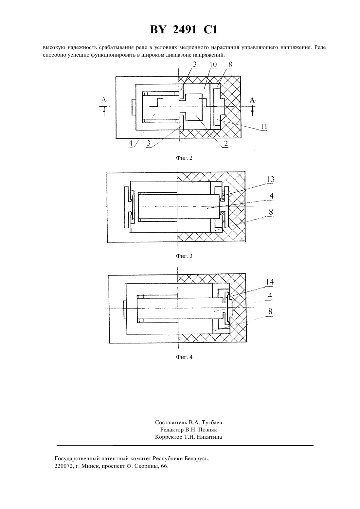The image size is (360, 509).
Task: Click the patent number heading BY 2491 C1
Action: (x=184, y=30)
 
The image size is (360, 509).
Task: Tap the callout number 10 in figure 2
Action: (x=213, y=65)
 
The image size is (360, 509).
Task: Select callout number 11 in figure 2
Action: (x=264, y=127)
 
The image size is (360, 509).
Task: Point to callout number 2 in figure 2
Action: (x=226, y=144)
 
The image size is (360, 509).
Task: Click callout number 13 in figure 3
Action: (x=270, y=180)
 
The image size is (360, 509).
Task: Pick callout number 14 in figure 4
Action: (x=270, y=282)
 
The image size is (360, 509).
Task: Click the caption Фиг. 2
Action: (x=184, y=158)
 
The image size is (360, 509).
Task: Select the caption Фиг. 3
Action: (x=184, y=256)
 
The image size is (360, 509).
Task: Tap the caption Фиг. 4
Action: (x=184, y=357)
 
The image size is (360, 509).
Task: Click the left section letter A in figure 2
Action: (x=104, y=100)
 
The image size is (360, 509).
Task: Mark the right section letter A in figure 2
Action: (x=252, y=100)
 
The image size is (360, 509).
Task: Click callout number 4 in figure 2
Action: (x=131, y=143)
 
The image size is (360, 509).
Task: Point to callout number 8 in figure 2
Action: (x=230, y=64)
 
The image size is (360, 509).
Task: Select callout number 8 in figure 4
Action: (x=270, y=311)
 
